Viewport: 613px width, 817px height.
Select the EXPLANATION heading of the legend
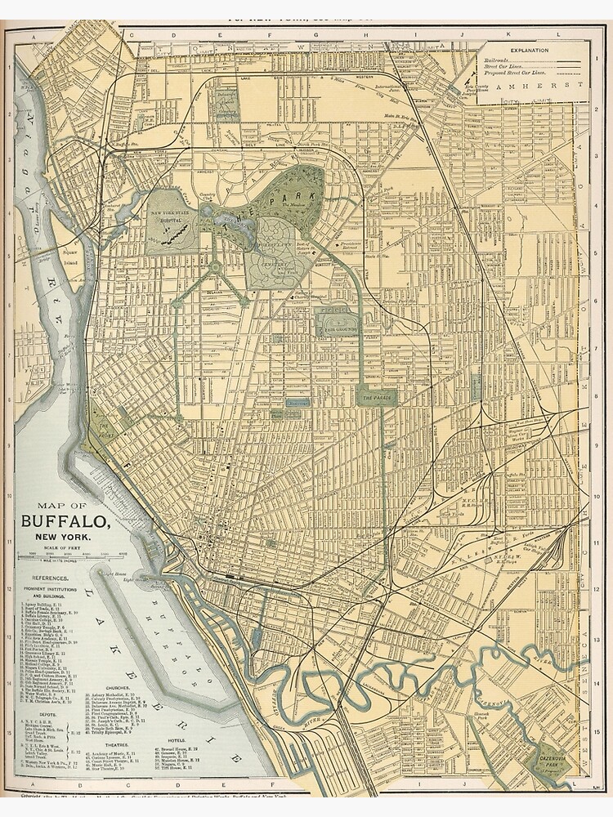pos(533,50)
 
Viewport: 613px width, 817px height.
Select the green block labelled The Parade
pos(376,397)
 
